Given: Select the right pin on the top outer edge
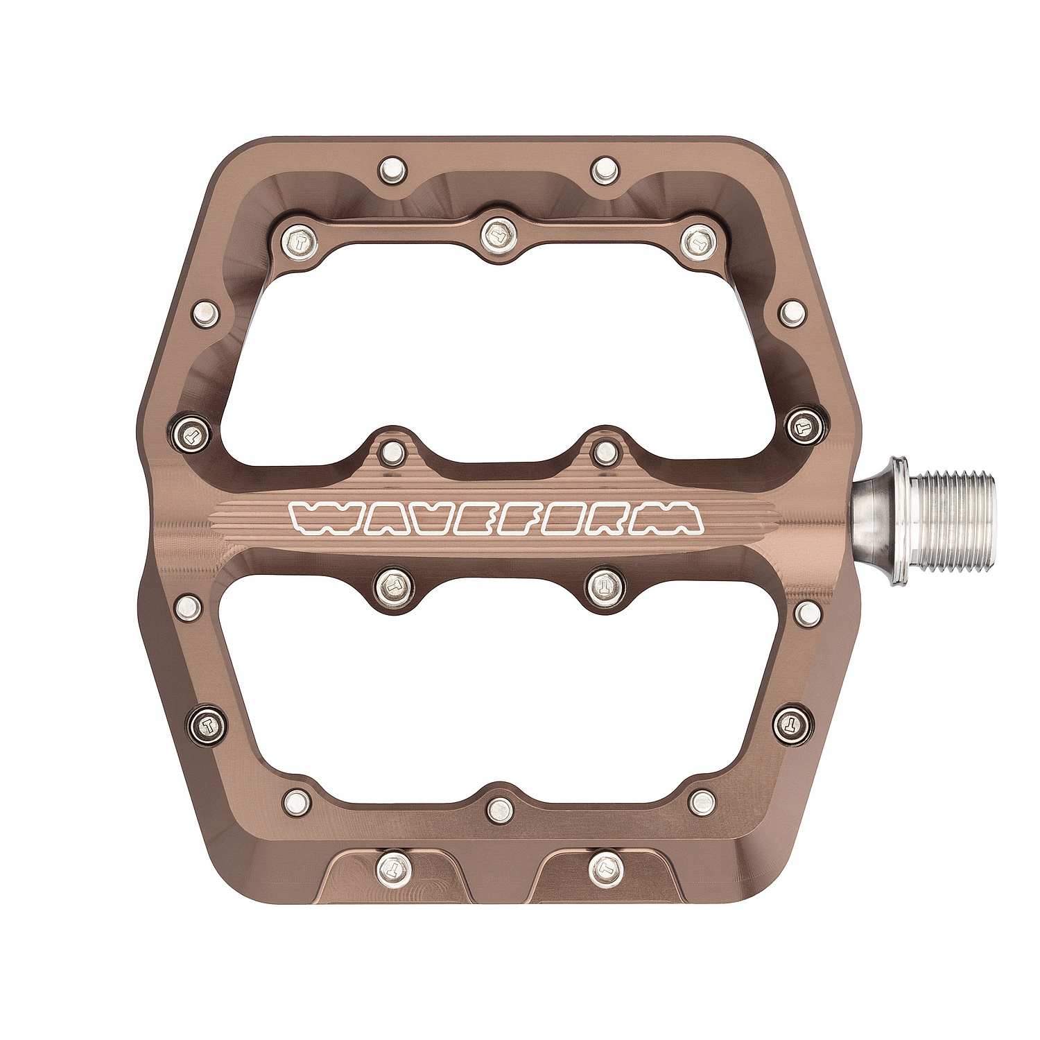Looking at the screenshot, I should coord(606,168).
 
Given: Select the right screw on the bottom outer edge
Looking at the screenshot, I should coord(605,865).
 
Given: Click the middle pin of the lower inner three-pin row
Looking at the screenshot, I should coord(498,806).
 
